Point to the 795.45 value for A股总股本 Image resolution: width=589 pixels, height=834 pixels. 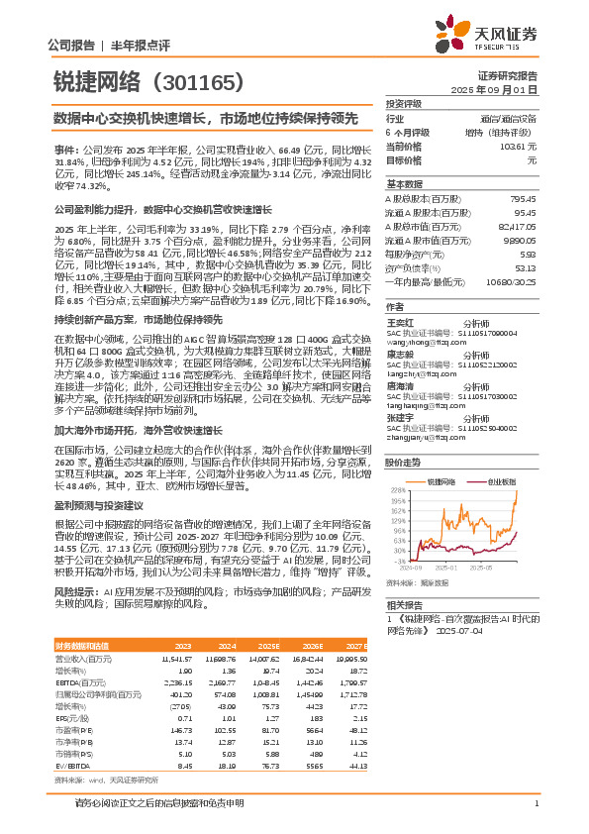523,197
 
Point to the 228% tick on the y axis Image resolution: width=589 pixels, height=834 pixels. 396,489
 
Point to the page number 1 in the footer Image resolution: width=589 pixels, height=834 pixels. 535,816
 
